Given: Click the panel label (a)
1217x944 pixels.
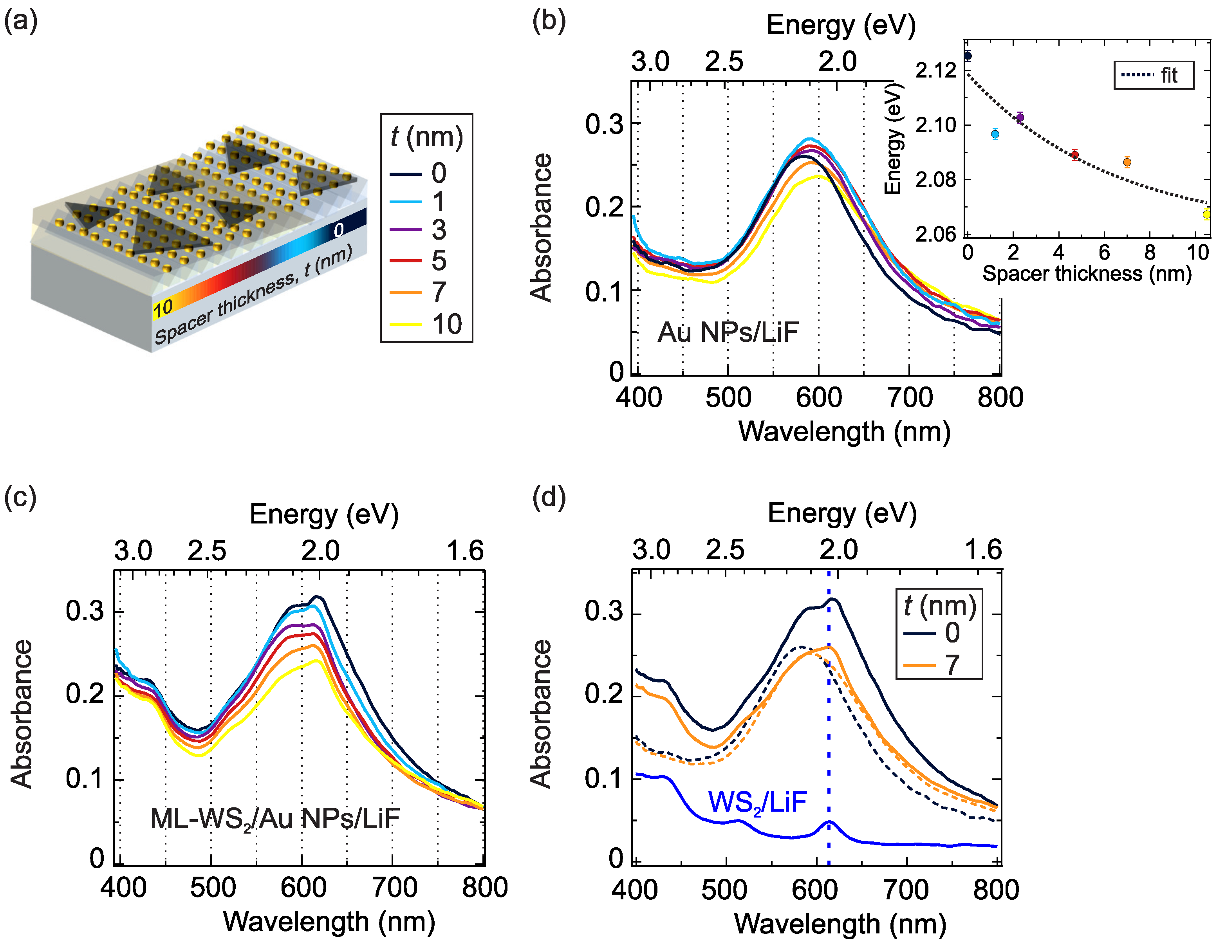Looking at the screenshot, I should coord(21,22).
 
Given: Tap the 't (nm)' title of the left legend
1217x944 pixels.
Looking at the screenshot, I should coord(426,137).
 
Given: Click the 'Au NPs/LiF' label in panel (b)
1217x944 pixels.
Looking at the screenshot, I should coord(728,333).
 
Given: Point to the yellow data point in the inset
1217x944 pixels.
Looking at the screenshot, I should coord(1206,214).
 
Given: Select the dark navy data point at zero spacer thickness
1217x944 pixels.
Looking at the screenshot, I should coord(968,56).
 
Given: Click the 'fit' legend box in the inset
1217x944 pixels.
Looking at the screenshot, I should coord(1154,75).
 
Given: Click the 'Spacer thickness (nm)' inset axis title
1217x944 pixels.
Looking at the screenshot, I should coord(1087,274).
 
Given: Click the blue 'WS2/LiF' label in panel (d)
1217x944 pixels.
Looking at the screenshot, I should coord(757,802).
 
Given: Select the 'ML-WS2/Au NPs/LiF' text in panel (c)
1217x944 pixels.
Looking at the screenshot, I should coord(275,819).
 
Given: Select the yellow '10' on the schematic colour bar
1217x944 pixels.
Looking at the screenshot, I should coord(163,308).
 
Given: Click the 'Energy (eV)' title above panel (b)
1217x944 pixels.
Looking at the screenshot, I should coord(841,25).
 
